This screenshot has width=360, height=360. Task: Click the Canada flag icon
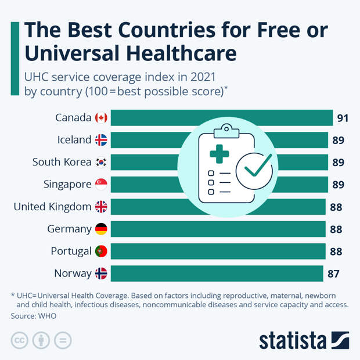pos(101,118)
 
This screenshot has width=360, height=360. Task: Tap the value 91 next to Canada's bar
pos(343,118)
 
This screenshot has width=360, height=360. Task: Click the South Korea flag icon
pos(101,162)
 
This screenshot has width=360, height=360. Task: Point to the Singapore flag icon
pos(101,185)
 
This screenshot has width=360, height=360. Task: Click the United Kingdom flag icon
pos(101,207)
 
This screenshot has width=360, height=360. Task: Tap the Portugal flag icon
pos(101,251)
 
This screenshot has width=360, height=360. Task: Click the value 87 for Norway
pos(333,273)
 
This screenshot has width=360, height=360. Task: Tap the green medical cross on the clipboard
pos(219,154)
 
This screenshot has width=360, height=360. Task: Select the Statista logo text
pos(294,340)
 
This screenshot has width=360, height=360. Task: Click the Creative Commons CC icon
pos(20,340)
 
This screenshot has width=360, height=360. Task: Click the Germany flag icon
pos(101,229)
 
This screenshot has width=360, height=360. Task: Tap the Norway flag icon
pos(101,273)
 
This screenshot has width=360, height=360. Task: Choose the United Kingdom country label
pos(52,207)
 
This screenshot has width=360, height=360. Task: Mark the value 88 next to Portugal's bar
pos(336,251)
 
